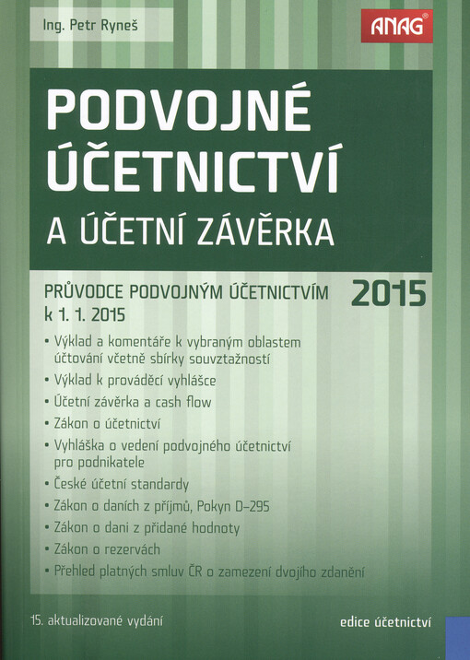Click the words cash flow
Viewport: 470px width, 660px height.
tap(182, 402)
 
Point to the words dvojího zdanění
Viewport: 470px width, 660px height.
tap(319, 572)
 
